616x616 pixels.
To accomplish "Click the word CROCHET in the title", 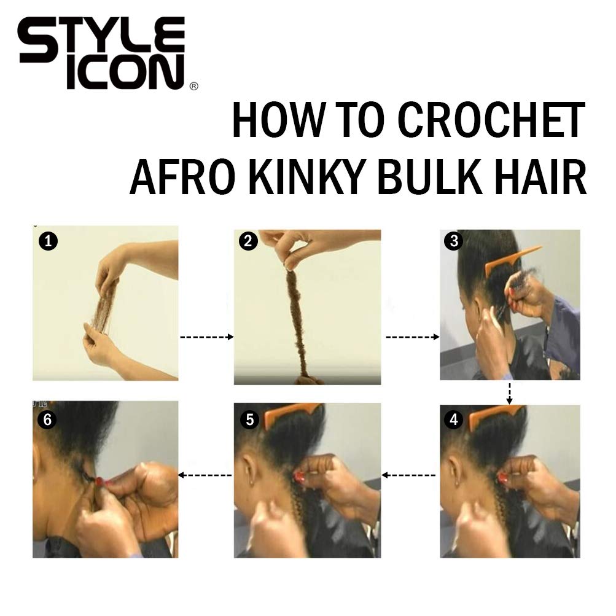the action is (491, 120).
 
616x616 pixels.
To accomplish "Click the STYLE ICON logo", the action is (101, 53).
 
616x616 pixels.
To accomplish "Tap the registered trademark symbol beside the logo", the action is (193, 87).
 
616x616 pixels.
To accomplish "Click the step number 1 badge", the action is (48, 241).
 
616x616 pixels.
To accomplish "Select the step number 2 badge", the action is (248, 241).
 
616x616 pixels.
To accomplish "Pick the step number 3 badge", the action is (454, 241).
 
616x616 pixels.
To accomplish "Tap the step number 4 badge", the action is (454, 419).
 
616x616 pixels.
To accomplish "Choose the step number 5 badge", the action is (250, 419).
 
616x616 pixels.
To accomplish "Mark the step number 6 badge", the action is (47, 419).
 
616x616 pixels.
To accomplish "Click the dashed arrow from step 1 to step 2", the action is (206, 337).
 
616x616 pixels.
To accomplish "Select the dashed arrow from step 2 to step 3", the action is (413, 337).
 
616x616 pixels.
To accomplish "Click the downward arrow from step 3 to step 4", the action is (509, 393).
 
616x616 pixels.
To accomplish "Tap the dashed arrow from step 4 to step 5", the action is (408, 475).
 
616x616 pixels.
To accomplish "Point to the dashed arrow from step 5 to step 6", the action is (205, 475).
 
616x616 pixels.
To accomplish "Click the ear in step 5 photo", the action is (247, 469).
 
